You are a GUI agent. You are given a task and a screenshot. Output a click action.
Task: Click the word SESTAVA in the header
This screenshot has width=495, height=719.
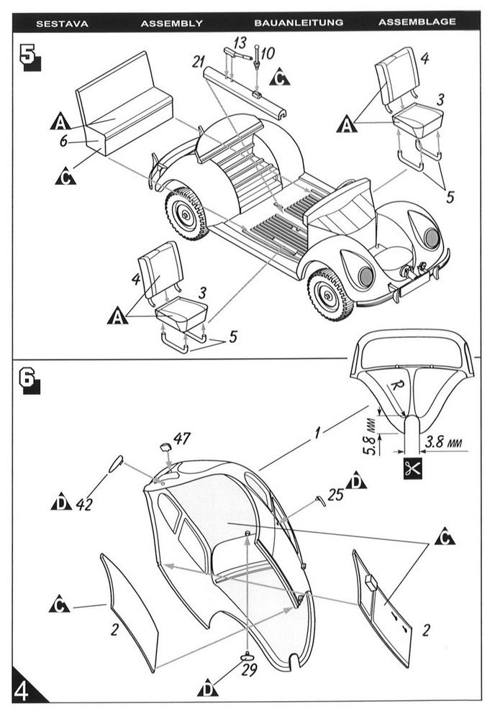[62, 22]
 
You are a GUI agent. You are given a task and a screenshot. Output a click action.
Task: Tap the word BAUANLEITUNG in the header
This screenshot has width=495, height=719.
[299, 22]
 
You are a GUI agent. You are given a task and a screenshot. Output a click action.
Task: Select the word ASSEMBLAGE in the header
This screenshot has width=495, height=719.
[417, 22]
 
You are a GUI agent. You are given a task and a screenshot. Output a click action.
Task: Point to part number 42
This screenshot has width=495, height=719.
[85, 504]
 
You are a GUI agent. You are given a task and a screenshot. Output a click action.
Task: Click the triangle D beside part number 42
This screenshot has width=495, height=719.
[61, 502]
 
